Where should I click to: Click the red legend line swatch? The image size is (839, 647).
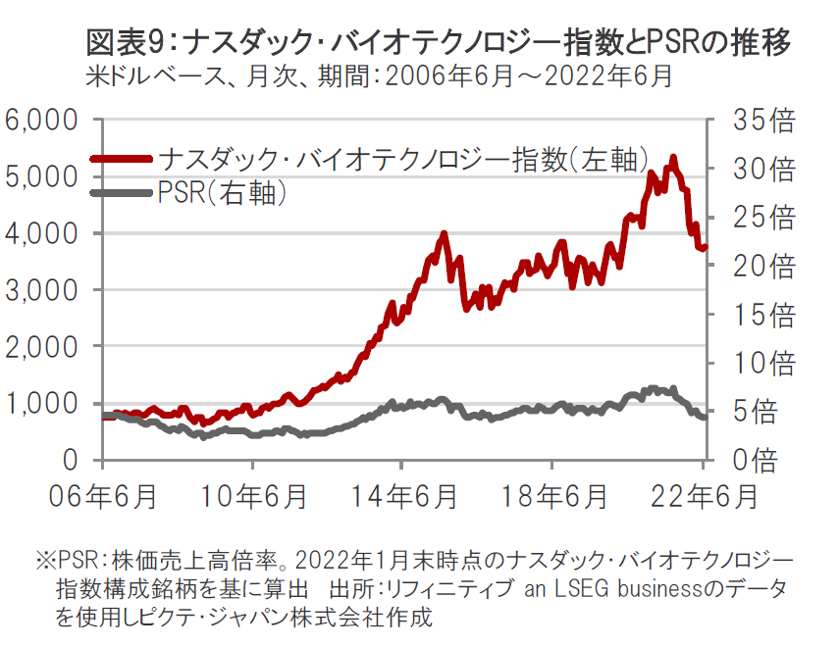click(122, 158)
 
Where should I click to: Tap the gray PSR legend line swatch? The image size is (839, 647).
click(122, 192)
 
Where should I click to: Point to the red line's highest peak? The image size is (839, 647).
click(672, 157)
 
